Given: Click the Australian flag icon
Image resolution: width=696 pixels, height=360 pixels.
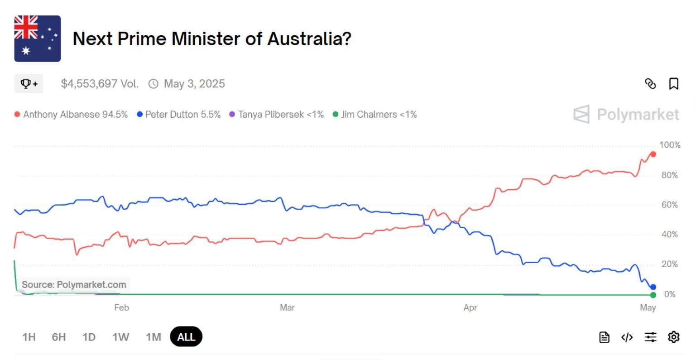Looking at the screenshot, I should [x=38, y=38].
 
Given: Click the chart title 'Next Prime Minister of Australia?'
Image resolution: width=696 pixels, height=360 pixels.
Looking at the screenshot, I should [x=212, y=39].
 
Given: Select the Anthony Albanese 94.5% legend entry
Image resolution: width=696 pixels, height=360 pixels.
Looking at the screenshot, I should [x=71, y=115].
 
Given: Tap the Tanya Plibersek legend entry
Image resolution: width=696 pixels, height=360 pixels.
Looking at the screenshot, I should [x=277, y=115].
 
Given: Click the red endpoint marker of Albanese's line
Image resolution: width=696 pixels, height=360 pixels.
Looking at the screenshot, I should [x=653, y=154].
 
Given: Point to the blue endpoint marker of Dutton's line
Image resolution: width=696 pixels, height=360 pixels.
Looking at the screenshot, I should [x=653, y=287].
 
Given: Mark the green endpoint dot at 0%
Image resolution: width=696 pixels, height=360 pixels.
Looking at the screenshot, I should [x=653, y=295].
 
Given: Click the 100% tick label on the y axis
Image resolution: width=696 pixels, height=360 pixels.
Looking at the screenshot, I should [x=670, y=145].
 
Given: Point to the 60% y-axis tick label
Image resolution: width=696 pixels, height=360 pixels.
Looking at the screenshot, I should [x=670, y=205].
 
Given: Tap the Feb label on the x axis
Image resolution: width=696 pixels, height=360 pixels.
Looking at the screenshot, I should [x=121, y=308].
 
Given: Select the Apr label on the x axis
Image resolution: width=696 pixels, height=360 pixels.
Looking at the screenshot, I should [x=470, y=308].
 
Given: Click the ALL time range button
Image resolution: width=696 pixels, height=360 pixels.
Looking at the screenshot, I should [x=186, y=337].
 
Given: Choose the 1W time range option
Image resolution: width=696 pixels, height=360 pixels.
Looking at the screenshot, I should [x=120, y=337].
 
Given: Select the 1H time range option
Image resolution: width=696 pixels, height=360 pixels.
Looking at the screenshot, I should [x=29, y=337].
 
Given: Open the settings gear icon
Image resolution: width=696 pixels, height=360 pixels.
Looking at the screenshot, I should [x=674, y=337].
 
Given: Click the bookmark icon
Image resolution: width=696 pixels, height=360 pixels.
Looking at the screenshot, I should [x=674, y=84].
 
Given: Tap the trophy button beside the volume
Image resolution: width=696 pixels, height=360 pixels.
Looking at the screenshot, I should [x=29, y=84].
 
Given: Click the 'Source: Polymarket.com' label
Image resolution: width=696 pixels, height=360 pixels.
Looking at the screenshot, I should [x=74, y=285].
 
